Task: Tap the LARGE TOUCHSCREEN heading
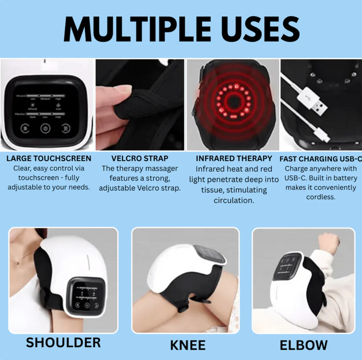click(48, 159)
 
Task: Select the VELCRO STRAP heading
click(140, 159)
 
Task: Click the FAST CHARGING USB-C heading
click(320, 159)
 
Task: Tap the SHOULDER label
click(63, 343)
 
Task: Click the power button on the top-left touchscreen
click(45, 128)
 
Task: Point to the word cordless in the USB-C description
click(320, 196)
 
